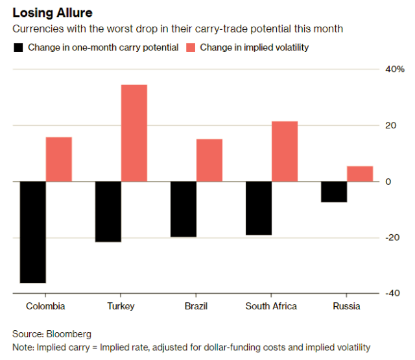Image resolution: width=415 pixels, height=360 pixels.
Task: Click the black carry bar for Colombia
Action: point(32,232)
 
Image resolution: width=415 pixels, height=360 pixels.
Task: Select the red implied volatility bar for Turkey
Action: point(134,133)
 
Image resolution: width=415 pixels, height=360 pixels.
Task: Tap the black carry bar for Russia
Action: point(334,192)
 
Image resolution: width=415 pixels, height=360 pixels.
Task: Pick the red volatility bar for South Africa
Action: point(285,151)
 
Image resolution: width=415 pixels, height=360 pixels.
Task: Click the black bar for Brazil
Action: point(184,209)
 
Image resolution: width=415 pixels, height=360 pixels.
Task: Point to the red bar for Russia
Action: point(360,174)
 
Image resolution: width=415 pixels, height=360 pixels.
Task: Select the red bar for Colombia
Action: point(59,159)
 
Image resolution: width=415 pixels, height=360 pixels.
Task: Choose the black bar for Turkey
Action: point(108,211)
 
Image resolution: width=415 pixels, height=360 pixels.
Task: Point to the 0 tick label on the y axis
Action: point(388,182)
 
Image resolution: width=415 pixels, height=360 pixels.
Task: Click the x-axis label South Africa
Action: point(271,306)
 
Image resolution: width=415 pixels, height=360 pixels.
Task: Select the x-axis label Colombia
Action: point(45,306)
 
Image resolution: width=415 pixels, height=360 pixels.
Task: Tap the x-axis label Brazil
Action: point(196,306)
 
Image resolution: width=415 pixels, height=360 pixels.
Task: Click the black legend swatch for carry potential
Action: point(18,47)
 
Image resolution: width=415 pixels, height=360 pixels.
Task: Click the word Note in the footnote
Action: point(23,347)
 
